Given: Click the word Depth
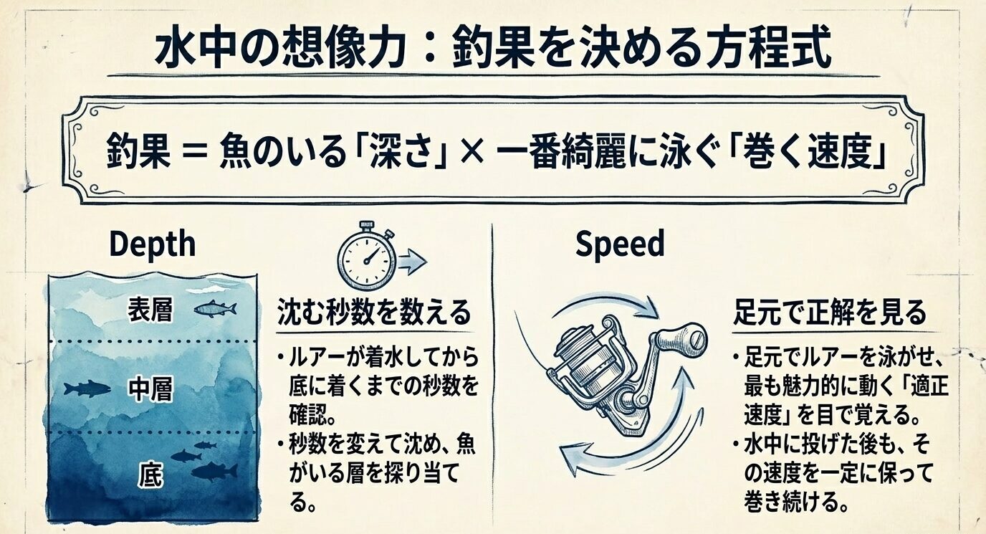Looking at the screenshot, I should (152, 244).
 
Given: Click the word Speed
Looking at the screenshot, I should (620, 244).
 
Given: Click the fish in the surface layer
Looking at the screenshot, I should (214, 309).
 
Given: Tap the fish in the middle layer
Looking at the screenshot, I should (87, 389).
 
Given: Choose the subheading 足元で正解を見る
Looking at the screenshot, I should (829, 313).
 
